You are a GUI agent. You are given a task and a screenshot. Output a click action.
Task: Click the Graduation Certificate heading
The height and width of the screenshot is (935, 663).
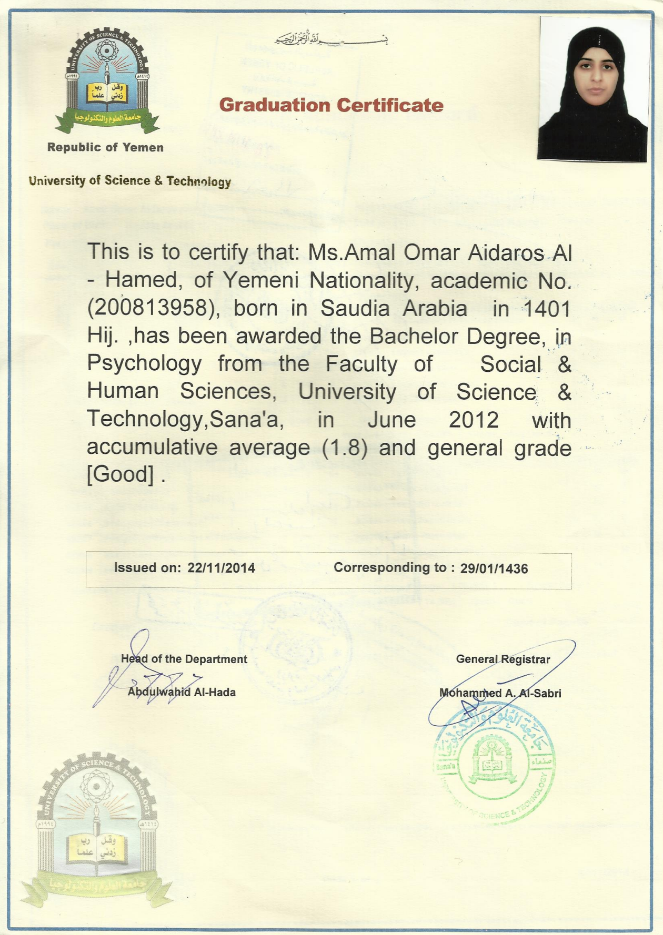[331, 105]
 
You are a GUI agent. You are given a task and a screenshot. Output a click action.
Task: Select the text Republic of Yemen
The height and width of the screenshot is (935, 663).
[105, 147]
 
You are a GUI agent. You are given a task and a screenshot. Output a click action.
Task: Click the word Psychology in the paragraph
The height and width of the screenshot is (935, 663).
[144, 364]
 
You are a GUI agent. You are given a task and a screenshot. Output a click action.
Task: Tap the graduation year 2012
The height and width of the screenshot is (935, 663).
[474, 420]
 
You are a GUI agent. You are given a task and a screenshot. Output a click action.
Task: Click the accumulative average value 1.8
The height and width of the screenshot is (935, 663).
[344, 448]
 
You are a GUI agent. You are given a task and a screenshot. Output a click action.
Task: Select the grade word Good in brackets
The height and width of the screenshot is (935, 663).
[120, 475]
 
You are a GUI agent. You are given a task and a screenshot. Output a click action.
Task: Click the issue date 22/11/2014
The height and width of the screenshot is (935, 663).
[221, 568]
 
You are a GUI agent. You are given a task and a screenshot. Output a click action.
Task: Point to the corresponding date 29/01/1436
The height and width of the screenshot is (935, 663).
[494, 568]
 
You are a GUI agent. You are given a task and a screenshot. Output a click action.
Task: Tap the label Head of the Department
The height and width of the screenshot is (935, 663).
[184, 659]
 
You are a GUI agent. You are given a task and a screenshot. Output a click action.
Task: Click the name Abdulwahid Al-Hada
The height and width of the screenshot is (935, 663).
[182, 692]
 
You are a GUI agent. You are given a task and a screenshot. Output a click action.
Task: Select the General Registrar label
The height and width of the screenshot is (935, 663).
[503, 659]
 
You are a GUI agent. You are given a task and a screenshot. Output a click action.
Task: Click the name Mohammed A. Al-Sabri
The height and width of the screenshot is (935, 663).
[500, 693]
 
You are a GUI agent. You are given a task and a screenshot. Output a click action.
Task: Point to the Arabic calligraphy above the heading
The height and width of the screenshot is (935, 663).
[331, 39]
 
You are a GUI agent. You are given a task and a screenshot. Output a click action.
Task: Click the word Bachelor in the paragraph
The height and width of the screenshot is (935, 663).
[414, 337]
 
